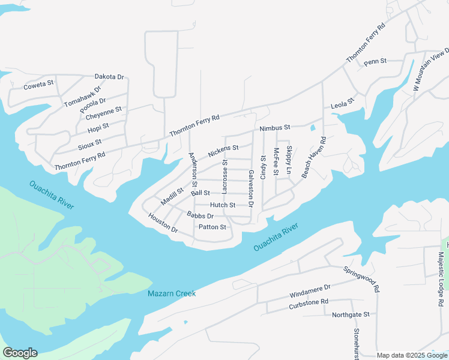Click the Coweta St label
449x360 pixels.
tap(38, 86)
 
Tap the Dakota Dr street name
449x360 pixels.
tap(109, 77)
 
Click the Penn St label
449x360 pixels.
tap(375, 61)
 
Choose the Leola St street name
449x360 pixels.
tap(343, 106)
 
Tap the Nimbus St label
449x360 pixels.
tap(275, 128)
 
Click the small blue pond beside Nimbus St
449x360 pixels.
tap(312, 128)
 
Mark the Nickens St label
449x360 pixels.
tap(223, 151)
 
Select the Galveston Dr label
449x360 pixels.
tap(251, 188)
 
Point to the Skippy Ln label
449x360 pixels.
tap(289, 160)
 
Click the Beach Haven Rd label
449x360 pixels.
tap(314, 157)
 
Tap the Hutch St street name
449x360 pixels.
tap(223, 205)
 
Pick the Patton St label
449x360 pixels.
tap(213, 227)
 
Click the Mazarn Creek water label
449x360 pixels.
tap(172, 293)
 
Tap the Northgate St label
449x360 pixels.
tap(351, 314)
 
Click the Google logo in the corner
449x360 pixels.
tap(20, 353)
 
